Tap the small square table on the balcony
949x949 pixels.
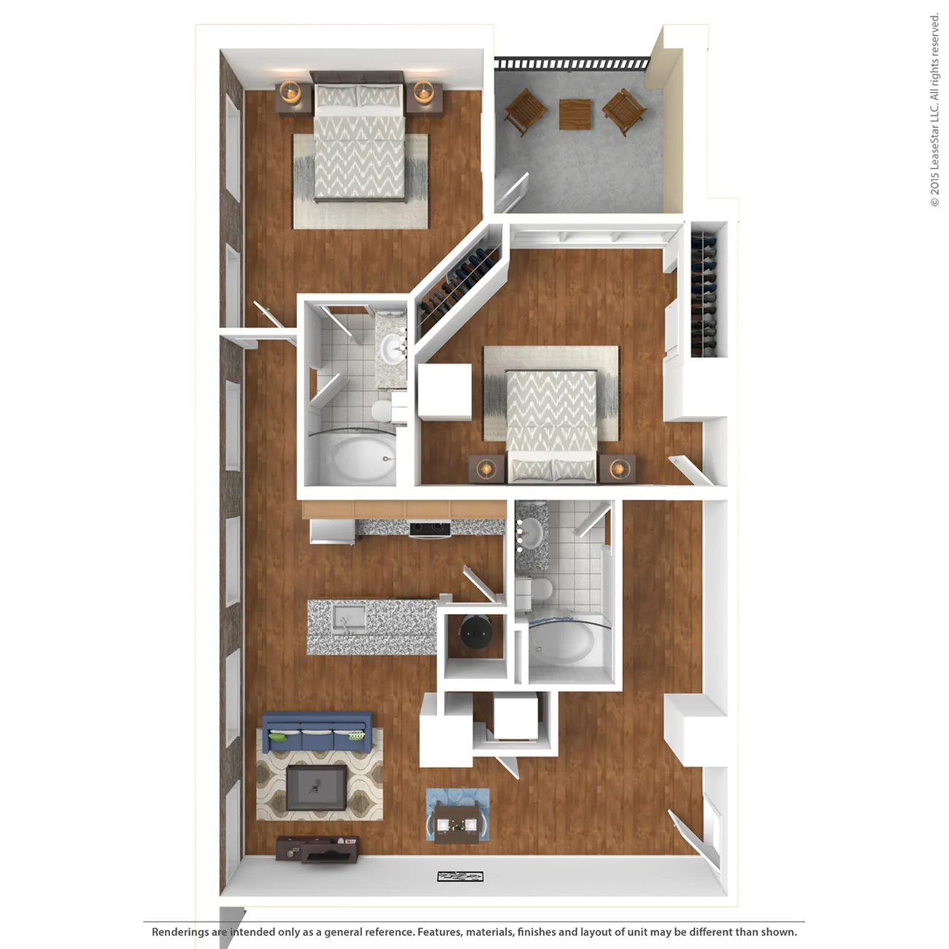pyautogui.click(x=575, y=113)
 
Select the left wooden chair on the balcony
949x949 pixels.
pyautogui.click(x=526, y=111)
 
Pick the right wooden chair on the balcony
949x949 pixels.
pyautogui.click(x=625, y=111)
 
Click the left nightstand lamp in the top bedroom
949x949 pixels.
pyautogui.click(x=291, y=92)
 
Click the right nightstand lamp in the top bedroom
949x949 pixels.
pyautogui.click(x=423, y=92)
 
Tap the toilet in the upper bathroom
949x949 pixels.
pyautogui.click(x=383, y=410)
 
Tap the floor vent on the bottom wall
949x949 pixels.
pyautogui.click(x=461, y=876)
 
